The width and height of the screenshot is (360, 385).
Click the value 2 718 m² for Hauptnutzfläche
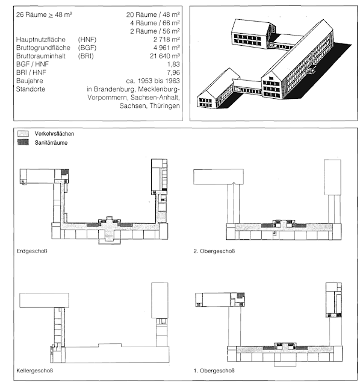click(167, 39)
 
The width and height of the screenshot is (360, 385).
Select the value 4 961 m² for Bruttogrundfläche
click(167, 48)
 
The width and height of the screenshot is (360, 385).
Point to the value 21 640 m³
click(165, 56)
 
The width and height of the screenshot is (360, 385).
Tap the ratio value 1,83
click(173, 64)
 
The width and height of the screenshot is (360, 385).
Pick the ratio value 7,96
click(173, 72)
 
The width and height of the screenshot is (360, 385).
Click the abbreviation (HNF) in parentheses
click(87, 40)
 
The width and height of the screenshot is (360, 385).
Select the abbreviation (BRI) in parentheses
click(86, 56)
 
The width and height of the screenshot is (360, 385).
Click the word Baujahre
click(29, 81)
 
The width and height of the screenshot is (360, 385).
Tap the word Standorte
click(31, 89)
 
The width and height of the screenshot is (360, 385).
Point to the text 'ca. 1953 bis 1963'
click(153, 81)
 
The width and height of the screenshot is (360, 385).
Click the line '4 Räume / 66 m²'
click(155, 23)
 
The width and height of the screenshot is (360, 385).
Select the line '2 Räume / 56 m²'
click(155, 31)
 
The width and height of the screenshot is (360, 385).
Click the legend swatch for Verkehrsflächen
click(23, 134)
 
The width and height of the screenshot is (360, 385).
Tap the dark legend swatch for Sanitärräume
click(23, 142)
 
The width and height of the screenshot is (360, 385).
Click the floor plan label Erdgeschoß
click(32, 251)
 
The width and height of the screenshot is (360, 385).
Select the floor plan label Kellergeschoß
click(34, 371)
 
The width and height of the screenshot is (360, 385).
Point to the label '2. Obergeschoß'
click(214, 251)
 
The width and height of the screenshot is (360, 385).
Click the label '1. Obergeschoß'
click(214, 371)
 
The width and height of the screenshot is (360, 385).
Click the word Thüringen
click(165, 106)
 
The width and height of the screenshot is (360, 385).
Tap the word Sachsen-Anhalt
click(155, 98)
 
